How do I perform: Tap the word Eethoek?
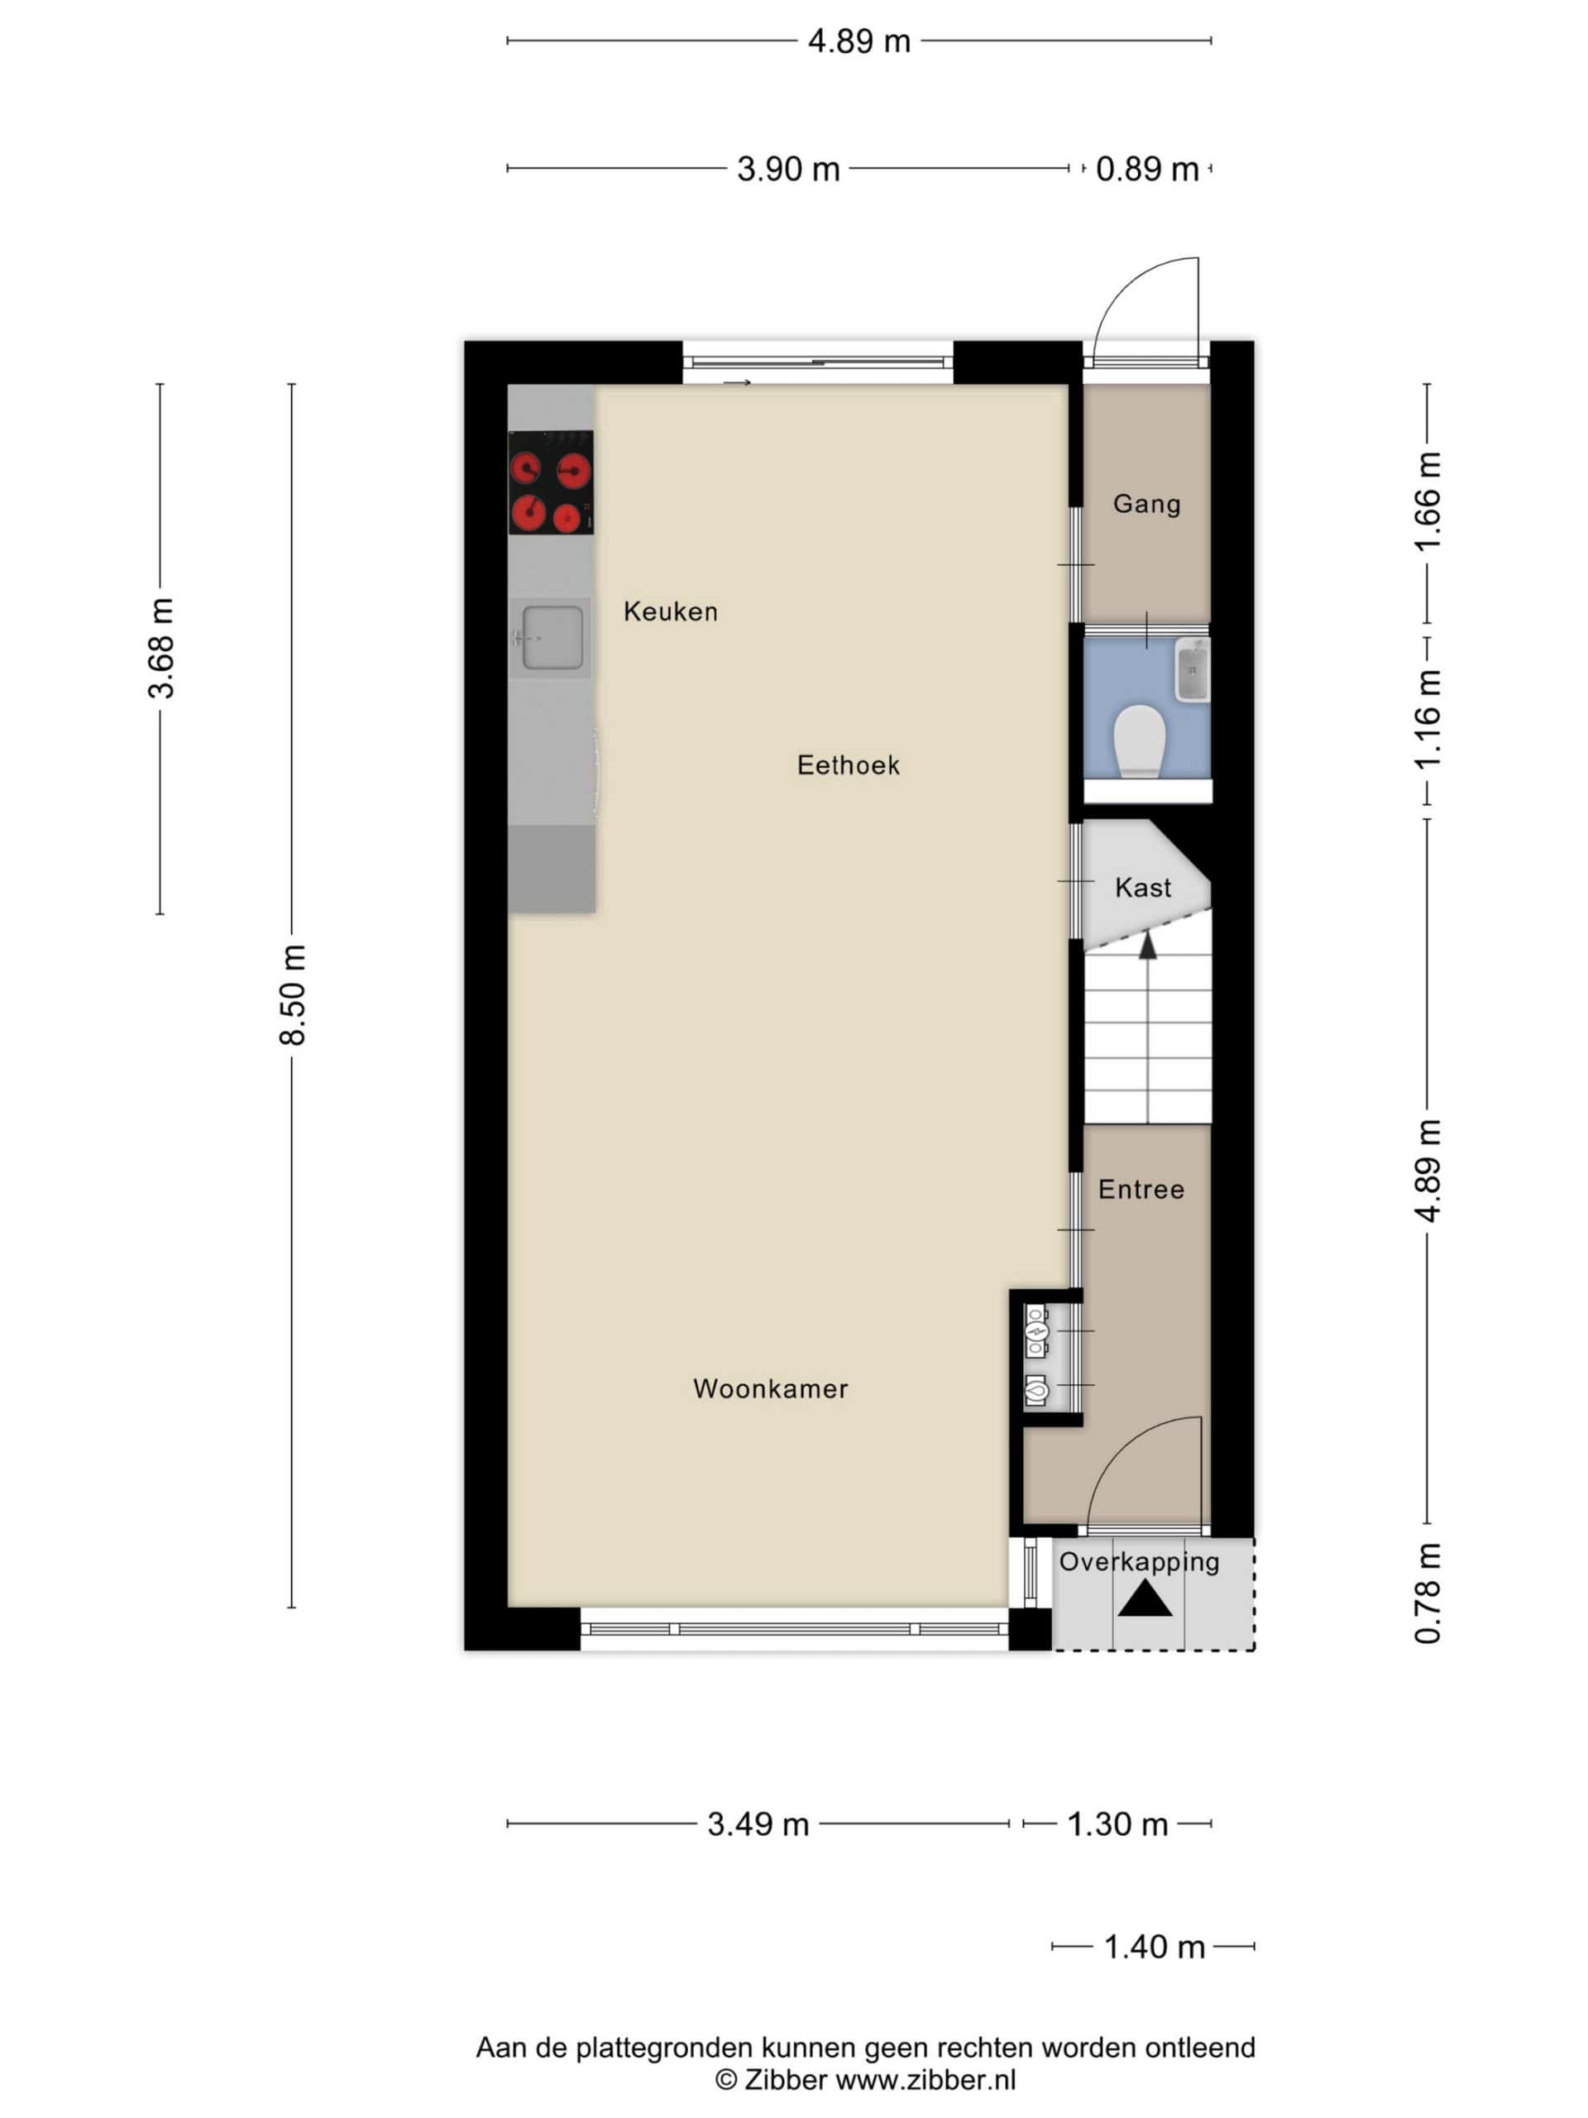pos(848,765)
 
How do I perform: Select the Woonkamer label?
pos(771,1388)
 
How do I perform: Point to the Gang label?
pos(1146,504)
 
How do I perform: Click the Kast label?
pos(1143,888)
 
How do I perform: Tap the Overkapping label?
pos(1139,1563)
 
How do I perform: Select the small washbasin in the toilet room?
pos(1193,669)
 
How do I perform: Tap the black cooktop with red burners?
pos(550,482)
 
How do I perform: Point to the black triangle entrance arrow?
pos(1145,1598)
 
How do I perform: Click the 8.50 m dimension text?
pos(293,994)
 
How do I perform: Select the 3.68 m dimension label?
pos(160,649)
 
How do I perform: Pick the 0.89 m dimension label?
pos(1146,170)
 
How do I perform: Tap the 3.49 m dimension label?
pos(758,1824)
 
